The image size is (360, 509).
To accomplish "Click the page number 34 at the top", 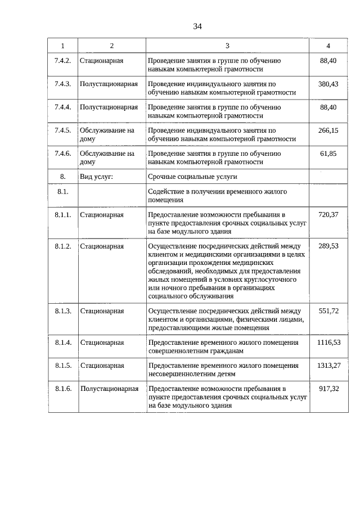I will point(197,26).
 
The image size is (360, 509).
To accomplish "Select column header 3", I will point(227,46).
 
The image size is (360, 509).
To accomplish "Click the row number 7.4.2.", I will point(62,61).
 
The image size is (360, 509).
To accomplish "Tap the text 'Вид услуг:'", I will point(97,177).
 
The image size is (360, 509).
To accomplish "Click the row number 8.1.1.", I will point(62,215).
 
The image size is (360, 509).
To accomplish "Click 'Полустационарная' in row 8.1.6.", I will point(109,389).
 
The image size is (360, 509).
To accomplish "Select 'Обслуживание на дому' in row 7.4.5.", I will point(107,134).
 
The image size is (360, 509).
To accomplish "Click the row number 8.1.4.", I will point(62,342).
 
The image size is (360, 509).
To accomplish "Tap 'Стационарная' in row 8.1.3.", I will point(102,310).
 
